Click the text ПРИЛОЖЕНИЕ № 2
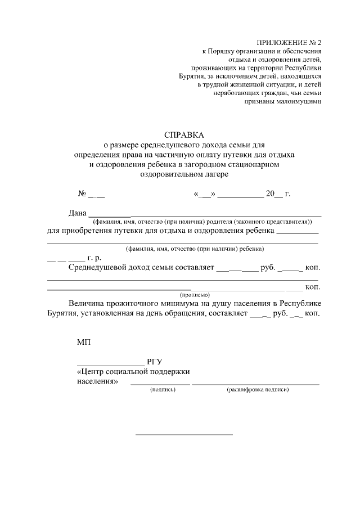pyautogui.click(x=289, y=43)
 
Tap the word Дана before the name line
pyautogui.click(x=78, y=213)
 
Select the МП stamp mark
pyautogui.click(x=83, y=342)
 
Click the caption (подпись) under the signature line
pyautogui.click(x=160, y=389)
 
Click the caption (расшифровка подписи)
pyautogui.click(x=257, y=389)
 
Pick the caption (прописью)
pyautogui.click(x=195, y=294)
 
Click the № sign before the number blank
pyautogui.click(x=82, y=195)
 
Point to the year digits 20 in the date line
pyautogui.click(x=271, y=195)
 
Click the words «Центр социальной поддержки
pyautogui.click(x=133, y=372)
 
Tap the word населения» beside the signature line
pyautogui.click(x=97, y=381)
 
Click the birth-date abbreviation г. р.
pyautogui.click(x=93, y=258)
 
